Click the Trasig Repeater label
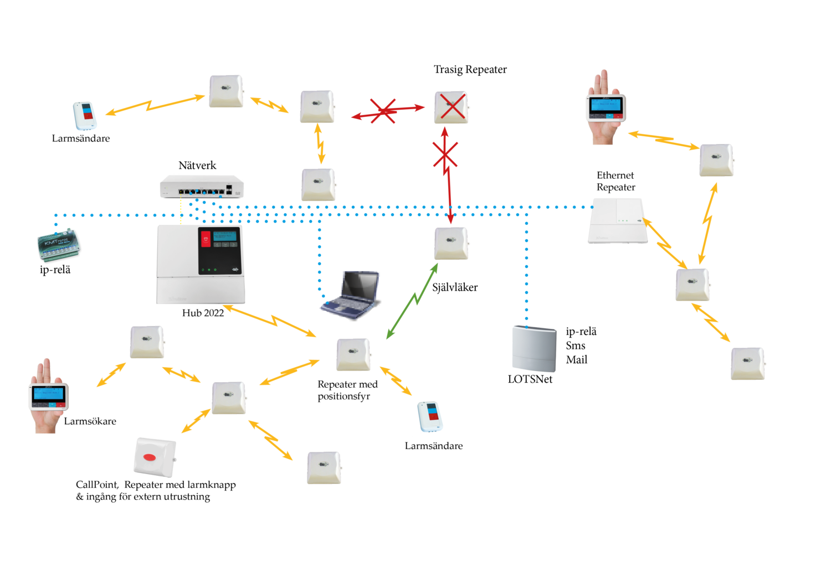[470, 70]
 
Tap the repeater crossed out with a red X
[451, 107]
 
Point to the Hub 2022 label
[203, 313]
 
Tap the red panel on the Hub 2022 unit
[206, 239]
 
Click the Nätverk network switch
[202, 187]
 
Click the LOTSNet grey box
[534, 348]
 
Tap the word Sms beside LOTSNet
[576, 346]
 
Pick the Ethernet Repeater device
[618, 221]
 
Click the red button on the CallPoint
[150, 457]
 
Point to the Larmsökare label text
[90, 421]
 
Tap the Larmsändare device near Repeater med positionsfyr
[430, 417]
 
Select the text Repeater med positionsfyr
[347, 390]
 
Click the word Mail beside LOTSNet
[577, 360]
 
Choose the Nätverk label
[197, 166]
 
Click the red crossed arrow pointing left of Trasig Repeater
[388, 111]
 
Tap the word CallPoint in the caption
[97, 485]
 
